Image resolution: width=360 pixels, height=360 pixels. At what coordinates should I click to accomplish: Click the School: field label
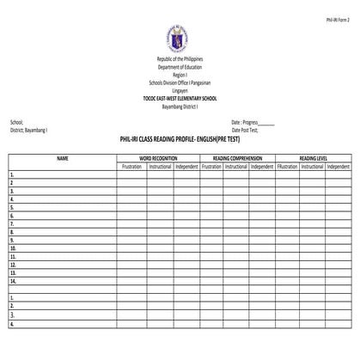(x=17, y=122)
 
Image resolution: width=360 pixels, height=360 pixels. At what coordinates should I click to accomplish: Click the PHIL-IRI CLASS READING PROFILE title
(x=180, y=139)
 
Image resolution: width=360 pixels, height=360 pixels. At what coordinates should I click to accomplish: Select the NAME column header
(x=62, y=158)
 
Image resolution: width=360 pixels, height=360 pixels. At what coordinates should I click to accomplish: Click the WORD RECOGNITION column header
(x=158, y=158)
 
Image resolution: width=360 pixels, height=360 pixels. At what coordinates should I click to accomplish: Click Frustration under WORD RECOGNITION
(x=131, y=166)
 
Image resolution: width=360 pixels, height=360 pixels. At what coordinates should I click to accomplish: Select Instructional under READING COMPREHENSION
(x=236, y=166)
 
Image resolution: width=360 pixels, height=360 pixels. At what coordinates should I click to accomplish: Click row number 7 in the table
(x=12, y=223)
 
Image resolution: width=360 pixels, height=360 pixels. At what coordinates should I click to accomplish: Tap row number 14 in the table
(x=13, y=280)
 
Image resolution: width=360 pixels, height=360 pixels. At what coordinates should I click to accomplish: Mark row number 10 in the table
(x=13, y=247)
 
